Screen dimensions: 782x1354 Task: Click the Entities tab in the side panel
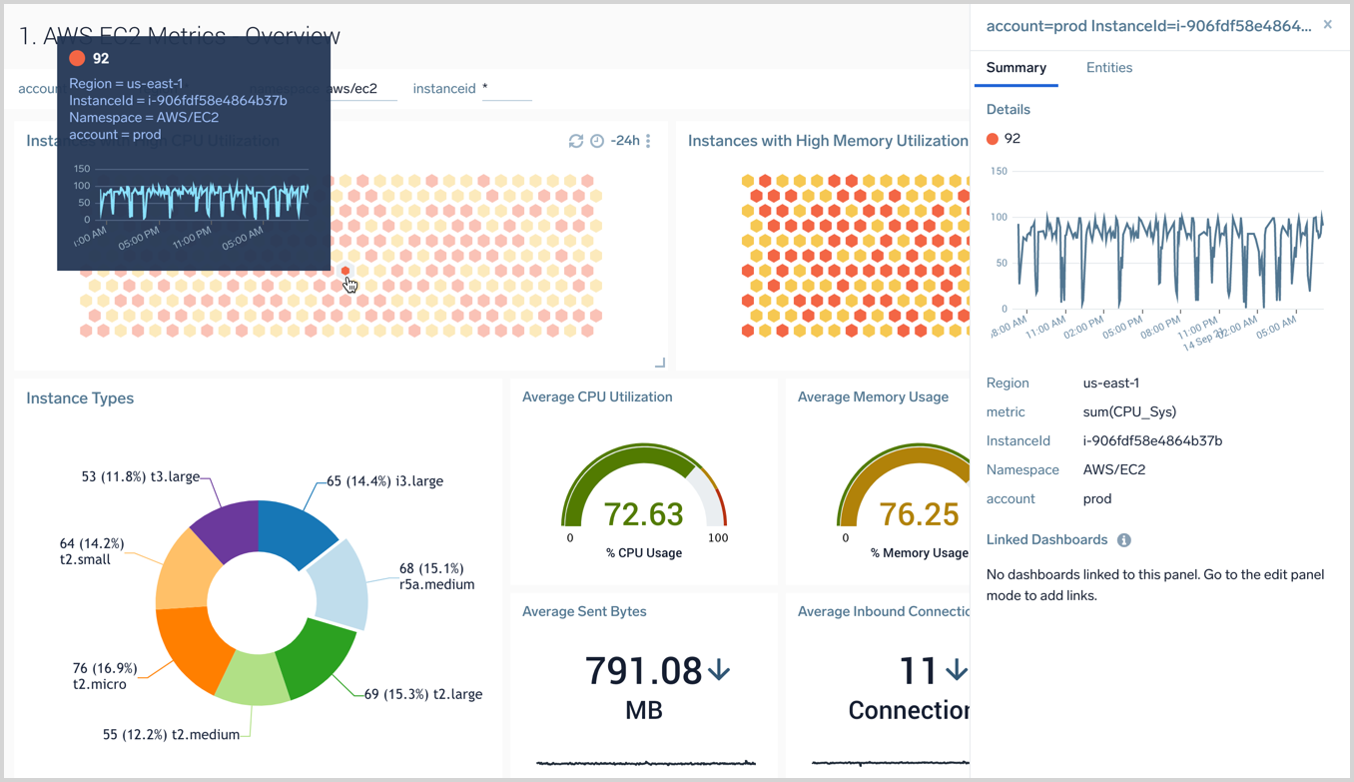point(1108,68)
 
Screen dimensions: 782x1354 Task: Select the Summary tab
point(1015,68)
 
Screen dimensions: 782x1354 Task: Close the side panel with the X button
point(1327,25)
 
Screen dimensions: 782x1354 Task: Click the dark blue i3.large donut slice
point(300,529)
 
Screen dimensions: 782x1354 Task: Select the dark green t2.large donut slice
point(317,660)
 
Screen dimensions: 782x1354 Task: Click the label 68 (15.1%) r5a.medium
point(436,576)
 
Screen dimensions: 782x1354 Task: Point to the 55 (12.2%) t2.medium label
point(171,735)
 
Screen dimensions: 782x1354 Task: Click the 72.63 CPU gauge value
point(644,514)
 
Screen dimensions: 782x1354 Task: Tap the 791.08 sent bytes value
point(644,670)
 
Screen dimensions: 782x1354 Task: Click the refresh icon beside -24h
point(576,141)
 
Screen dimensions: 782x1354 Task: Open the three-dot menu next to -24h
point(648,141)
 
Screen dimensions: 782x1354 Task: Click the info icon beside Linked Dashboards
point(1123,540)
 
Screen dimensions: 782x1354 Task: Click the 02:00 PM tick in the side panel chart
point(1083,327)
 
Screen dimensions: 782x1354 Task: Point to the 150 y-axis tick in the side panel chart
point(998,171)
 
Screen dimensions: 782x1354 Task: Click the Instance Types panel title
point(80,398)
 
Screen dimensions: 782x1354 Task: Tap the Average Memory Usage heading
point(873,397)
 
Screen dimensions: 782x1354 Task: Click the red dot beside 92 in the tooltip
point(77,58)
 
